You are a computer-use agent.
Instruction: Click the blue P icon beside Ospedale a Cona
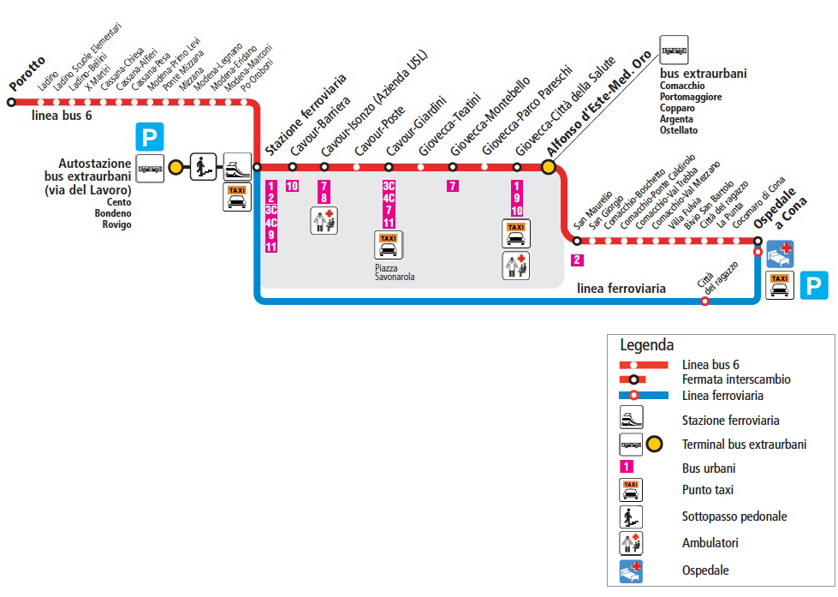tap(814, 284)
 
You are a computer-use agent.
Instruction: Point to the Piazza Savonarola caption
tap(395, 272)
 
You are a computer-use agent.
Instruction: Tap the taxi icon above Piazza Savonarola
tap(389, 245)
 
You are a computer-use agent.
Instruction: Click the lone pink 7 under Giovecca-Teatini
tap(453, 186)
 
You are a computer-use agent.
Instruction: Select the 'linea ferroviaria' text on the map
tap(621, 289)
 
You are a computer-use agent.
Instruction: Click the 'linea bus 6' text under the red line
tap(62, 116)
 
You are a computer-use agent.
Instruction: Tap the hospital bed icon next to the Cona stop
tap(780, 254)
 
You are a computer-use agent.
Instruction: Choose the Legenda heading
tap(647, 346)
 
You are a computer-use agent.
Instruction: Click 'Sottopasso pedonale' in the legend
tap(734, 516)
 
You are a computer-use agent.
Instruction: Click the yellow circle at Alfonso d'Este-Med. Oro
tap(549, 167)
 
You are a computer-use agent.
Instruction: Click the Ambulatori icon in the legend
tap(631, 543)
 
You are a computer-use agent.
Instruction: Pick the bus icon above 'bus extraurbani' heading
tap(674, 51)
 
